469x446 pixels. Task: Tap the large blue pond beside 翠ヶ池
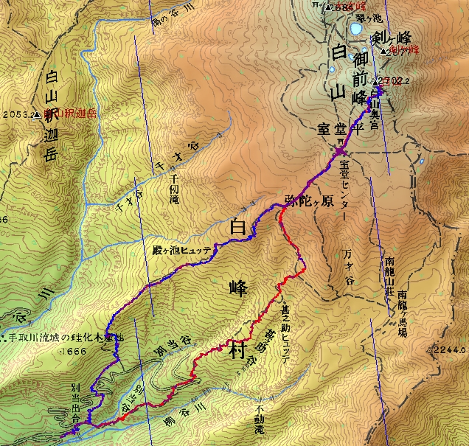point(355,29)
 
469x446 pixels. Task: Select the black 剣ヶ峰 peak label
point(391,38)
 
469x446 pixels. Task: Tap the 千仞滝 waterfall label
point(175,180)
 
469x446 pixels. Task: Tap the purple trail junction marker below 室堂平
point(339,151)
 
